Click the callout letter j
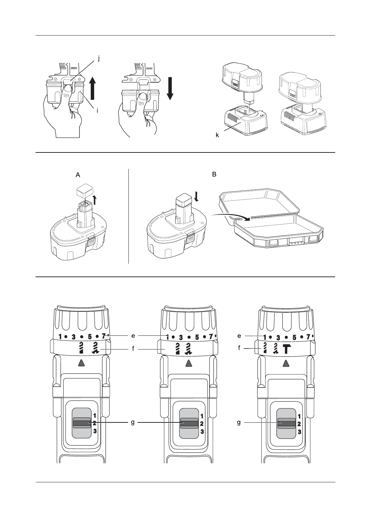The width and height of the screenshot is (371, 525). pyautogui.click(x=99, y=58)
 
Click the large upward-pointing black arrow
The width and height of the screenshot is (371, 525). pyautogui.click(x=93, y=89)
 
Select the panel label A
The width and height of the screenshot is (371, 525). pyautogui.click(x=78, y=175)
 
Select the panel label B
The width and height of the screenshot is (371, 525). pyautogui.click(x=214, y=174)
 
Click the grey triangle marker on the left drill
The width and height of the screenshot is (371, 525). pyautogui.click(x=81, y=363)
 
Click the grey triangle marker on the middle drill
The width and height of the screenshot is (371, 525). pyautogui.click(x=188, y=363)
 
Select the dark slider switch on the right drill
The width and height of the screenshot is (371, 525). pyautogui.click(x=287, y=423)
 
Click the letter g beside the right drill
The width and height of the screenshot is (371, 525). pyautogui.click(x=239, y=422)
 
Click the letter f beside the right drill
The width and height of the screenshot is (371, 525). pyautogui.click(x=239, y=347)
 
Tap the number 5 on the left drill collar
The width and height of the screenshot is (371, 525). pyautogui.click(x=89, y=337)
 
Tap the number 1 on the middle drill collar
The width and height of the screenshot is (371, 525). pyautogui.click(x=168, y=337)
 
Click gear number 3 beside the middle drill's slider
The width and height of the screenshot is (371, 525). pyautogui.click(x=202, y=431)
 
